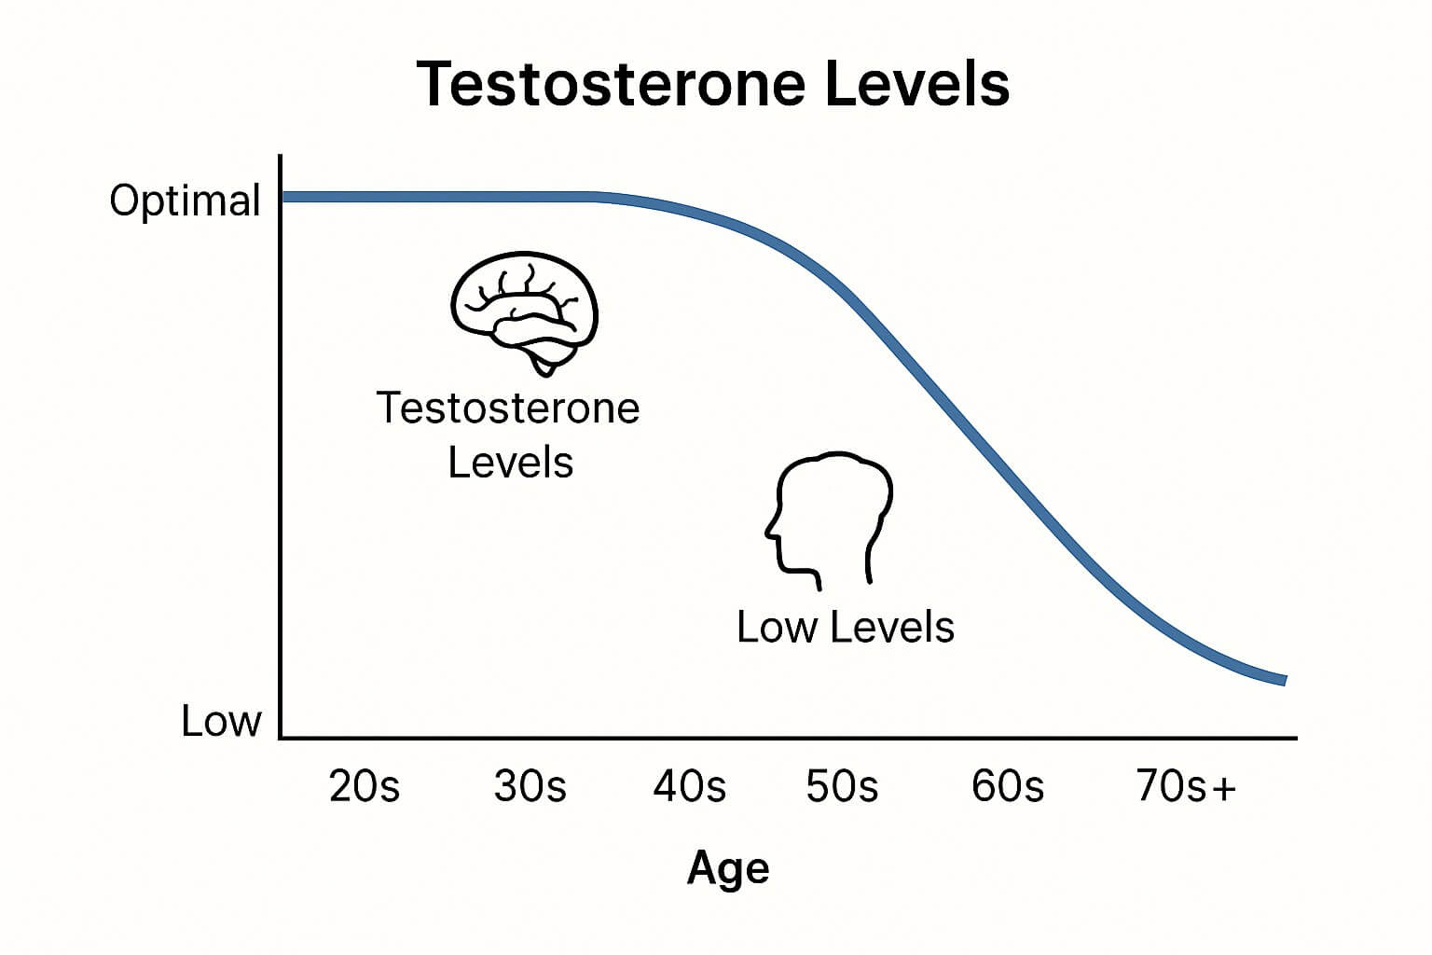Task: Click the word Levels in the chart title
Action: tap(917, 84)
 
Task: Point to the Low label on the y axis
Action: tap(221, 721)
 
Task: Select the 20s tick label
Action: tap(365, 785)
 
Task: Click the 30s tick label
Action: tap(530, 785)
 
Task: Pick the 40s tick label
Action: tap(689, 785)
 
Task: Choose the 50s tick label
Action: tap(842, 785)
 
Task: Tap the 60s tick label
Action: tap(1008, 785)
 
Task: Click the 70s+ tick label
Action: tap(1186, 785)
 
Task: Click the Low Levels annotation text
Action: tap(846, 627)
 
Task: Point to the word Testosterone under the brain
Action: tap(508, 408)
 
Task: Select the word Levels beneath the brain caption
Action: tap(510, 462)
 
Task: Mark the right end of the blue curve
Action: tap(1285, 681)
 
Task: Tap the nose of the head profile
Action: tap(767, 531)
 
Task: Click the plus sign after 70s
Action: tap(1224, 788)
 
